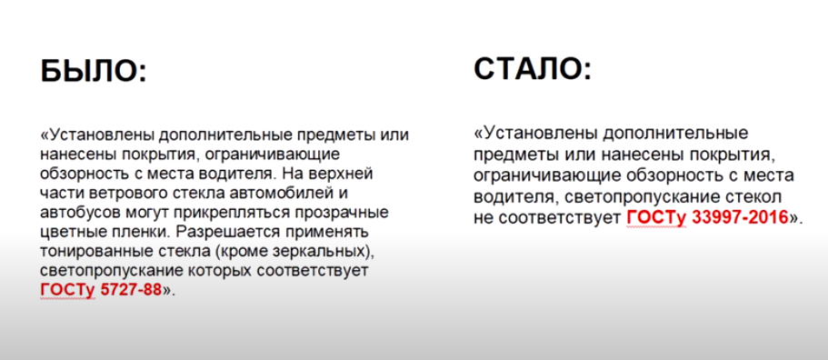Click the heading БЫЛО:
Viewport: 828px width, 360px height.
pyautogui.click(x=92, y=71)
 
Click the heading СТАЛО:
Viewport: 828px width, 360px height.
pyautogui.click(x=532, y=67)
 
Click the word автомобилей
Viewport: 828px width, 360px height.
pyautogui.click(x=294, y=193)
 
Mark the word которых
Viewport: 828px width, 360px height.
pyautogui.click(x=219, y=271)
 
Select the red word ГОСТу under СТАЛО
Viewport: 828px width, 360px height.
pyautogui.click(x=649, y=218)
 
